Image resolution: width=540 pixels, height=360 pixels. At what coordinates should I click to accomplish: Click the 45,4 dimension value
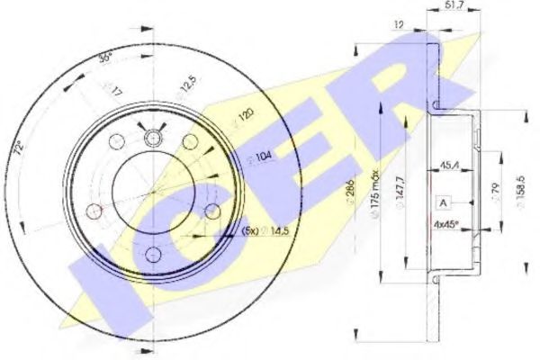(451, 165)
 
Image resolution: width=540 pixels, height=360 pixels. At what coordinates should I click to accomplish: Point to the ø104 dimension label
(260, 156)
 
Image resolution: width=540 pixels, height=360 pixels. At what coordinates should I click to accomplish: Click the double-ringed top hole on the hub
(153, 138)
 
